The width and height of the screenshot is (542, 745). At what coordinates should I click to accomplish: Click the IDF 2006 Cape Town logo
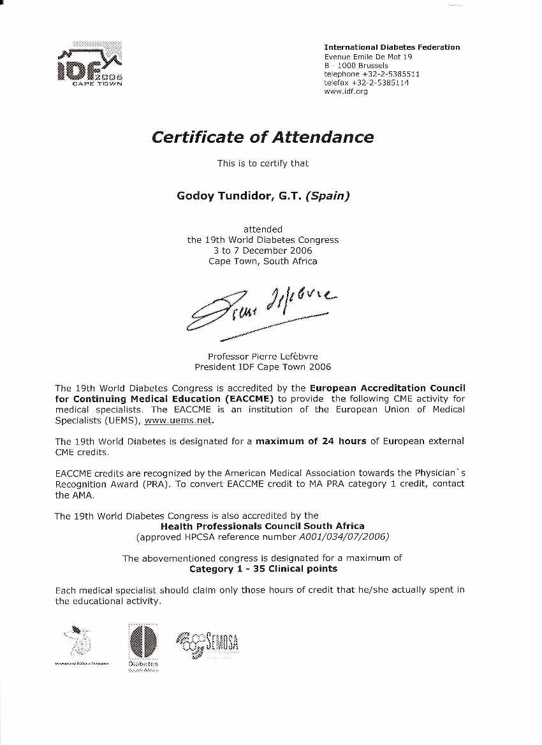pos(89,64)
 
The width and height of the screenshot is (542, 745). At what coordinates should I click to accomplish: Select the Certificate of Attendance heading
pos(263,137)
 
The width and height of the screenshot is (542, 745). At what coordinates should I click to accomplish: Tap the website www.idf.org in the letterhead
pos(346,92)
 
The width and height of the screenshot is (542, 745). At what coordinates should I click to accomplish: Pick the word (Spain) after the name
pos(328,196)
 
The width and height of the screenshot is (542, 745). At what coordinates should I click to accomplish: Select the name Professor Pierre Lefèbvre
pos(263,356)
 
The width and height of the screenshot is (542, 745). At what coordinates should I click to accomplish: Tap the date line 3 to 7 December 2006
pos(263,250)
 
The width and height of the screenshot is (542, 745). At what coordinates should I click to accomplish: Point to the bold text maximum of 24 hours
pos(311,441)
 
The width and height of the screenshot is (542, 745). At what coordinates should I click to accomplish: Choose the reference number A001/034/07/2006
pos(344,537)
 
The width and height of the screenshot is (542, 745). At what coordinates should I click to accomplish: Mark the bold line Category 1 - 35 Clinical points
pos(263,568)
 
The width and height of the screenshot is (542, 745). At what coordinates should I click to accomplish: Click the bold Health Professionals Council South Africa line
pos(263,526)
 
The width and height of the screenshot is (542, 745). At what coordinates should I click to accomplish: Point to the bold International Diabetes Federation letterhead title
pos(392,47)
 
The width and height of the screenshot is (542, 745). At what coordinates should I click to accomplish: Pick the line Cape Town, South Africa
pos(263,261)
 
